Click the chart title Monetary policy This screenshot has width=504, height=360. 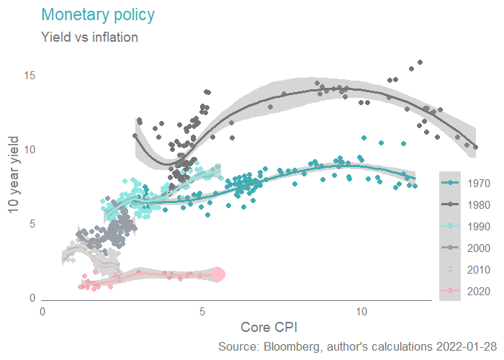point(98,14)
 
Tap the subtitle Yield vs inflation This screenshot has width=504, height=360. point(90,37)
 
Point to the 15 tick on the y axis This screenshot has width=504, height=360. point(30,76)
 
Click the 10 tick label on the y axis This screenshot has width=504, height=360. point(30,150)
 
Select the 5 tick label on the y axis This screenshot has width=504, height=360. point(32,224)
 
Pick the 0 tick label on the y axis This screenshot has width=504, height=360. point(32,298)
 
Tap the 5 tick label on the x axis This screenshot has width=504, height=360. point(202,312)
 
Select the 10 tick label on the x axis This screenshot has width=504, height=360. point(361,312)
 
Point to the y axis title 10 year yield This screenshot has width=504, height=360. point(12,174)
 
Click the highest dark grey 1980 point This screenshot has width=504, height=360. point(420,62)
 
